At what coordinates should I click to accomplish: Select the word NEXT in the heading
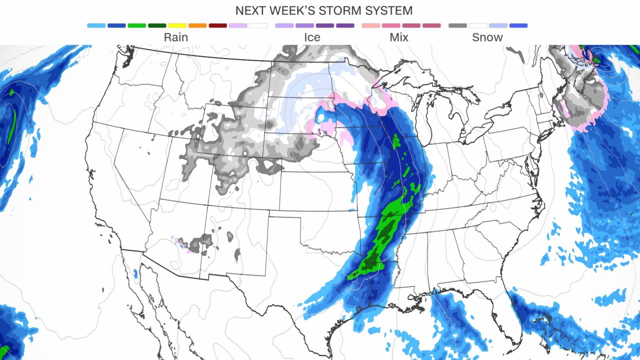tap(251, 10)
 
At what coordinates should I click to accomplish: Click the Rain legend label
tap(176, 37)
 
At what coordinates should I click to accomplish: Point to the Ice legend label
tap(312, 37)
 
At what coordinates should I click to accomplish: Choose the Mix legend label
tap(399, 37)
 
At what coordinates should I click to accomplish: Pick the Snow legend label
tap(487, 37)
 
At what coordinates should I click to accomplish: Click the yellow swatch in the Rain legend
tap(177, 25)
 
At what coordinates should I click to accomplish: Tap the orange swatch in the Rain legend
tap(197, 25)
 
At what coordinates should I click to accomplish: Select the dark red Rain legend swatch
tap(218, 25)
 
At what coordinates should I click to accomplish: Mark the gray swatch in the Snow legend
tap(457, 25)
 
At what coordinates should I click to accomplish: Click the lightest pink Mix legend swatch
tap(371, 25)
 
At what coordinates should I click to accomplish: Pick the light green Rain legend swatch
tap(136, 25)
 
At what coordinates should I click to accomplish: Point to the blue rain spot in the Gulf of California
tap(135, 273)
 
